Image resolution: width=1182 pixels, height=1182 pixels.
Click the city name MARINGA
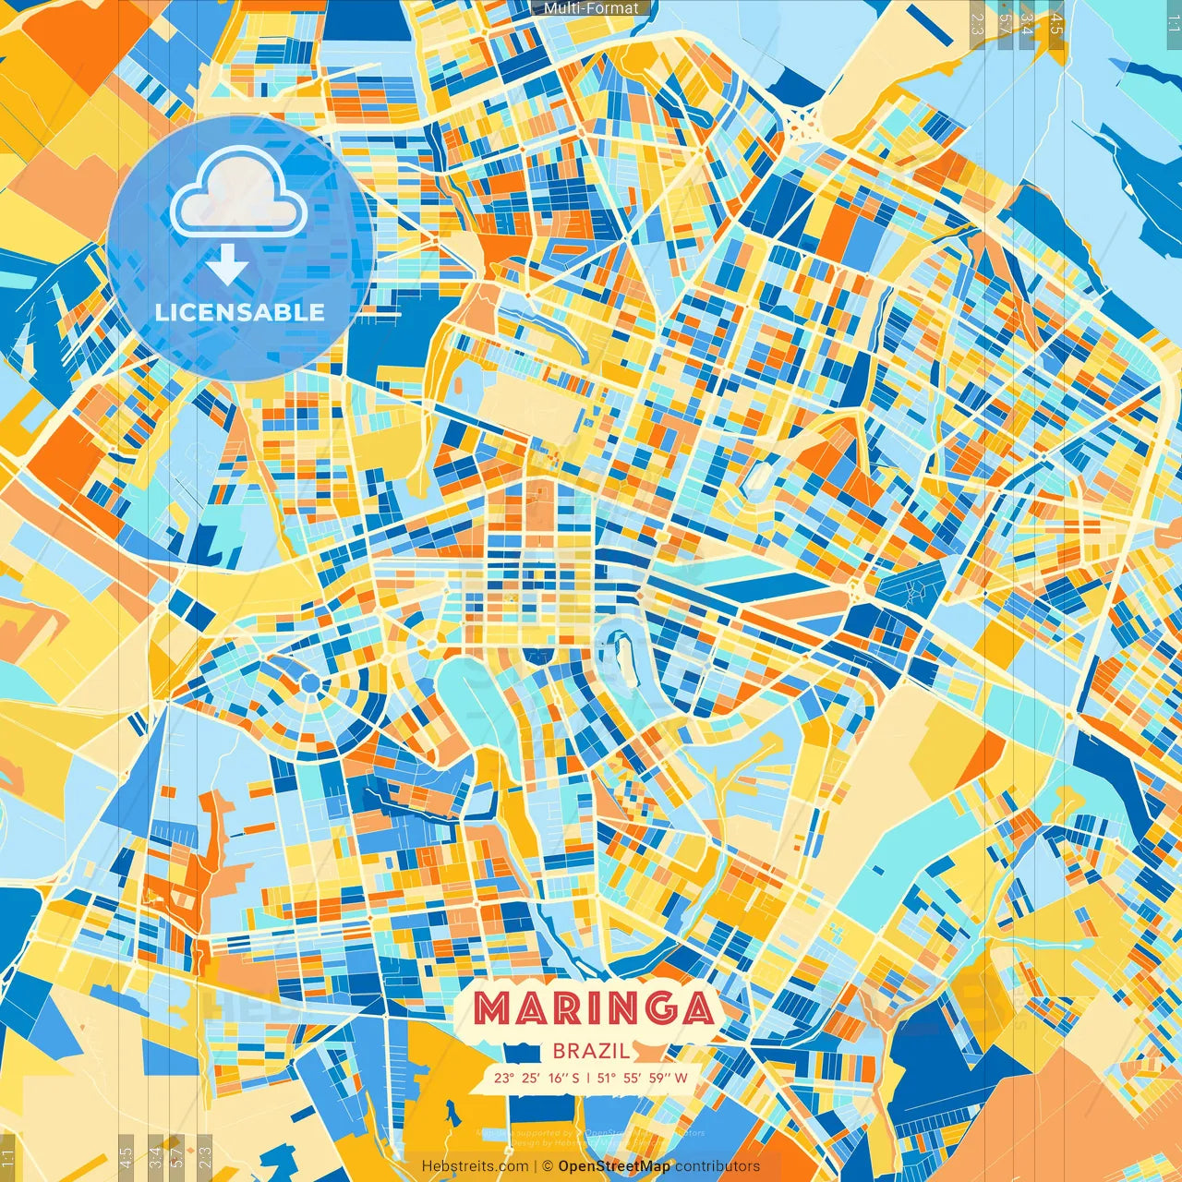[594, 1008]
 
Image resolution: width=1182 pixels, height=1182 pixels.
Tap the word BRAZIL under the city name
[591, 1051]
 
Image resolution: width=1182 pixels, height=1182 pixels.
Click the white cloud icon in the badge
[238, 192]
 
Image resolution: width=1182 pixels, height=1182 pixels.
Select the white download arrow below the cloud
[227, 265]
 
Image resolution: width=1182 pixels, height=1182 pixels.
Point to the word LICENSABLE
[240, 312]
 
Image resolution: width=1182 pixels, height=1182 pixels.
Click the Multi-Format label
[591, 8]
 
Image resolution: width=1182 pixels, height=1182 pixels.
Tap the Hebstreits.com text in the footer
[475, 1166]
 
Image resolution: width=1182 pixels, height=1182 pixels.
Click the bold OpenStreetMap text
[614, 1166]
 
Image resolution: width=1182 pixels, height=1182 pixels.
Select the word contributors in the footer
[718, 1166]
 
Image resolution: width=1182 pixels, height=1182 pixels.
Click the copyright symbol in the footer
[547, 1166]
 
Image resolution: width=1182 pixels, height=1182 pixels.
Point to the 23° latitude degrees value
[504, 1078]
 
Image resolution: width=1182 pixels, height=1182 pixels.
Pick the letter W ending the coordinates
[681, 1078]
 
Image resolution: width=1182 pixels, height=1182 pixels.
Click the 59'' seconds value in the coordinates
[659, 1078]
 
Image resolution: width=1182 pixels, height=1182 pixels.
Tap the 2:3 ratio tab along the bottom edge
[205, 1153]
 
